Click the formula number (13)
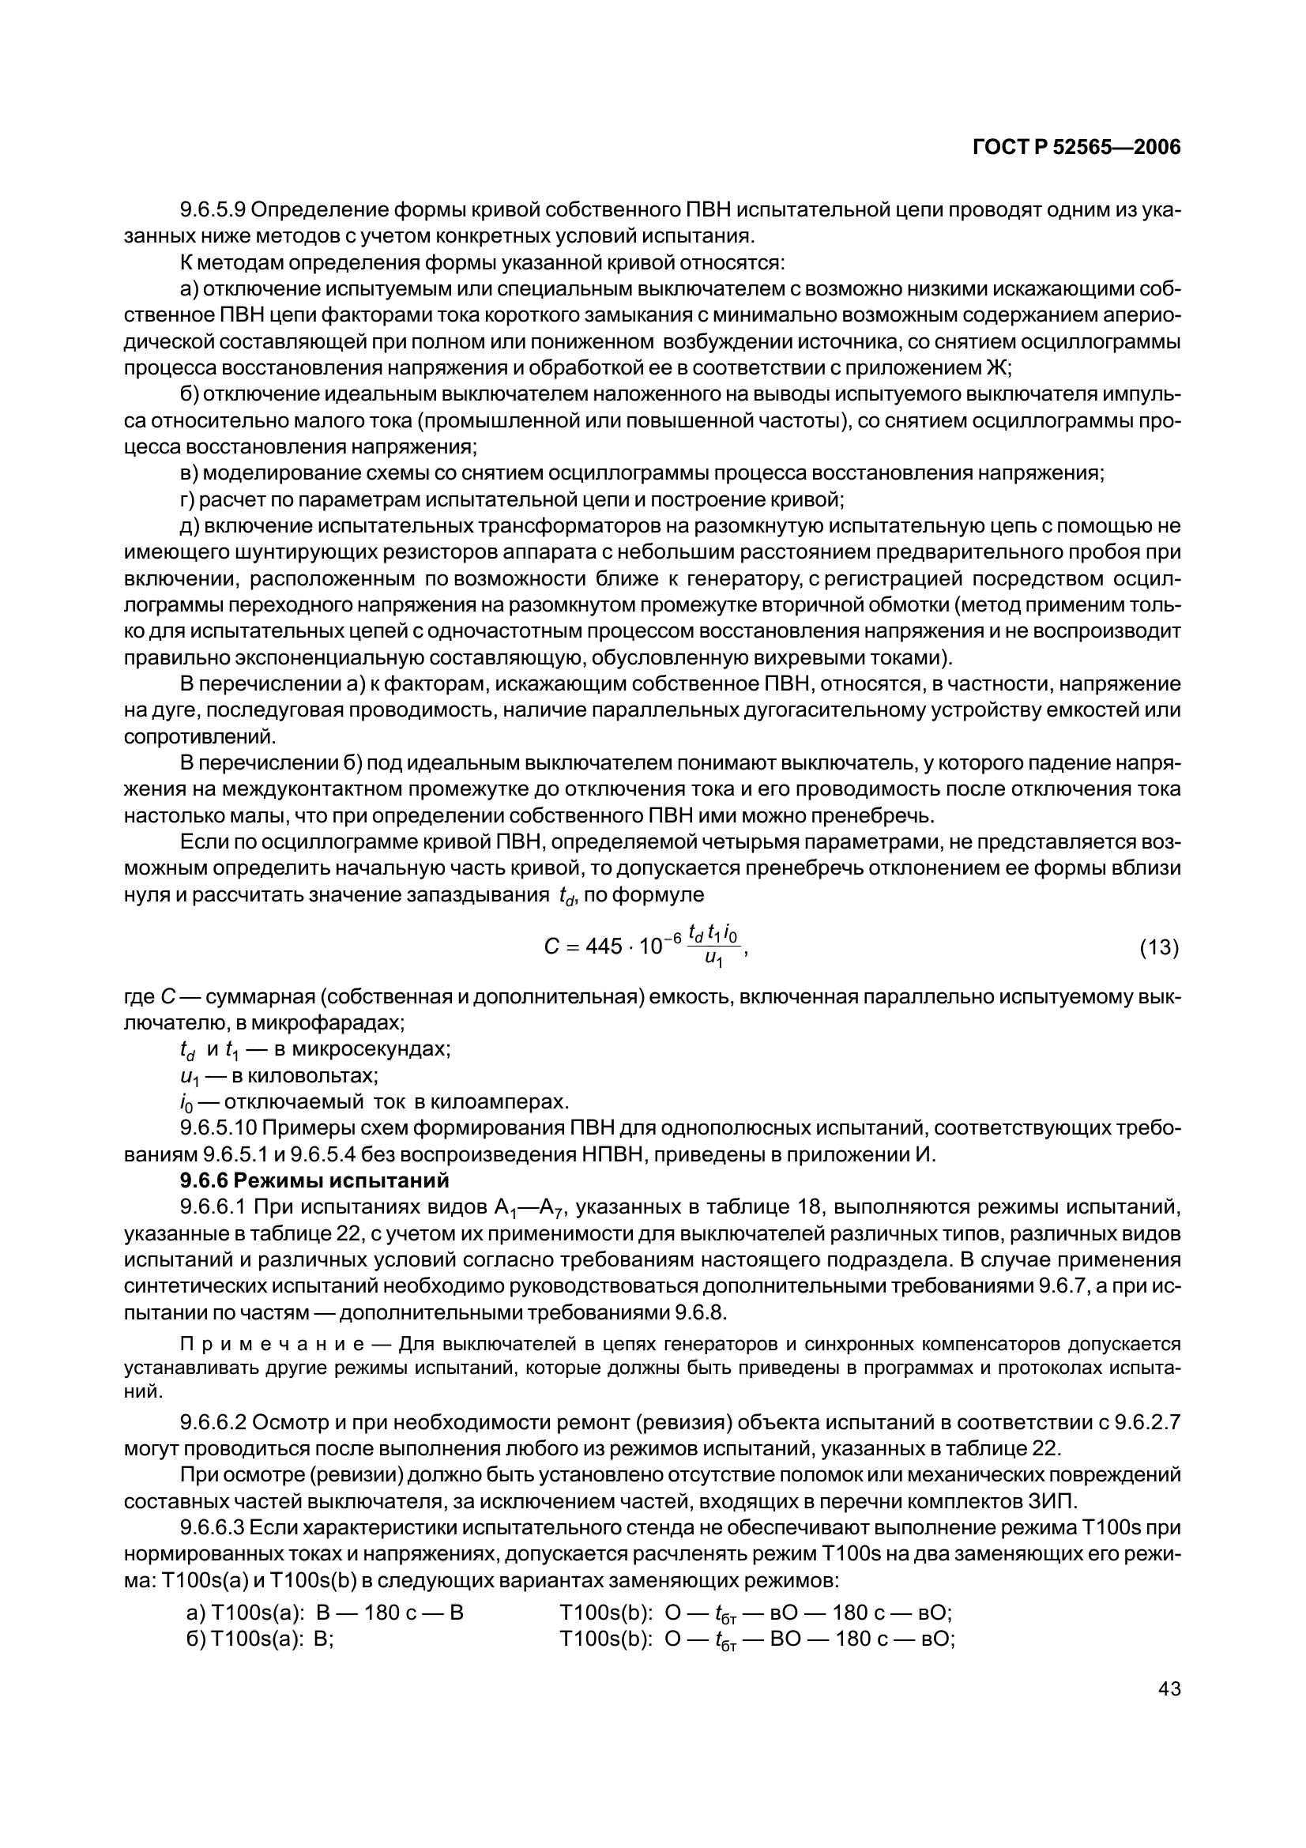[x=1159, y=948]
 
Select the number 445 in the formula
[x=604, y=947]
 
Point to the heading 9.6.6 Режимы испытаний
[x=314, y=1180]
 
